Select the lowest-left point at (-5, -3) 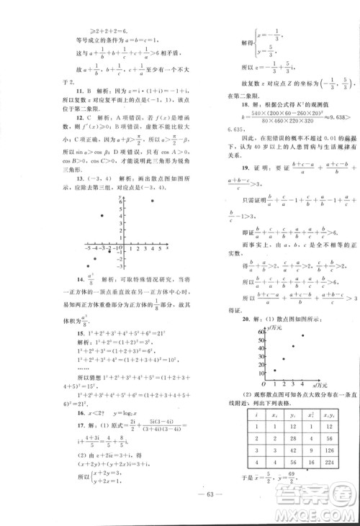pos(87,266)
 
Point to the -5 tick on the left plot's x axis pos(87,248)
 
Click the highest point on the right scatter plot pos(301,336)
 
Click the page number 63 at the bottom pos(180,501)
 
